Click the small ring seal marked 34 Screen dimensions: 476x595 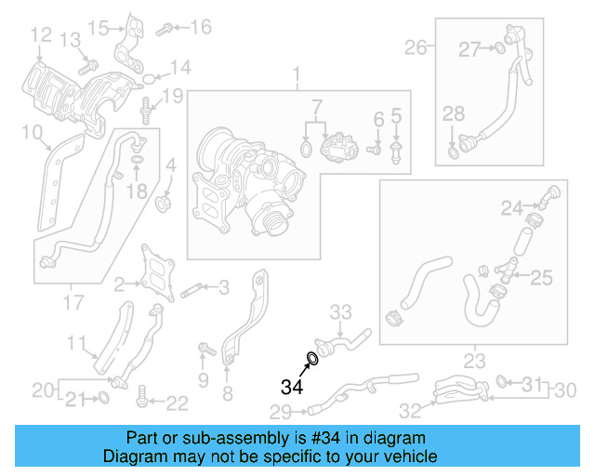pos(313,358)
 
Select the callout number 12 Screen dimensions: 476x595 pos(40,35)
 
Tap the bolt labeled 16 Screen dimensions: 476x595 pos(164,29)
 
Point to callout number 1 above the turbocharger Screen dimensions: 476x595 pos(297,73)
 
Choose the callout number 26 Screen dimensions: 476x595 pos(415,46)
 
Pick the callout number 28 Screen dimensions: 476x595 pos(453,113)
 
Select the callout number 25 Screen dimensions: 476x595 pos(541,276)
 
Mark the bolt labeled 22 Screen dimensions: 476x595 pos(141,401)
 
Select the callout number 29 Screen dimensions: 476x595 pos(281,411)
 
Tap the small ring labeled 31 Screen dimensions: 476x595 pos(503,381)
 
